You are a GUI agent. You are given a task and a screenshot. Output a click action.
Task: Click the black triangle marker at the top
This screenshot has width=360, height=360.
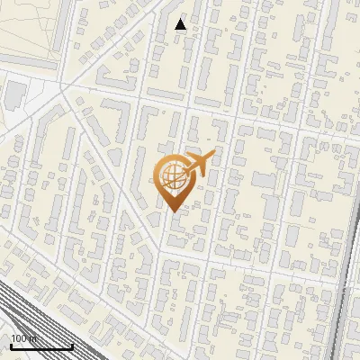coord(181,24)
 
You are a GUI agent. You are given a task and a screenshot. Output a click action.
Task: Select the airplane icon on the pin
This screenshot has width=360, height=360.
coord(201,163)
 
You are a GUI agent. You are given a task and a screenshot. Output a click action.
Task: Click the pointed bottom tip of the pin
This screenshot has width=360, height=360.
coord(174,211)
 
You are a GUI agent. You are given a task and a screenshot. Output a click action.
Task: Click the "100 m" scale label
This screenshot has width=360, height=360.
coord(23,338)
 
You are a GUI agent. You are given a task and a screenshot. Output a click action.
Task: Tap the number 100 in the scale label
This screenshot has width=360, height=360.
coord(19,338)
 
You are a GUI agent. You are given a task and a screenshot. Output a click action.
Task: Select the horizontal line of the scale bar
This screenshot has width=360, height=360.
coord(41,346)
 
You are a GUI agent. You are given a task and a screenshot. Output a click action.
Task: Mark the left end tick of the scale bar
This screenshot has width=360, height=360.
coord(11,345)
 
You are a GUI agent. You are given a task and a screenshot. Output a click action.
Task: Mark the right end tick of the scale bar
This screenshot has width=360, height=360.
coord(72,345)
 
